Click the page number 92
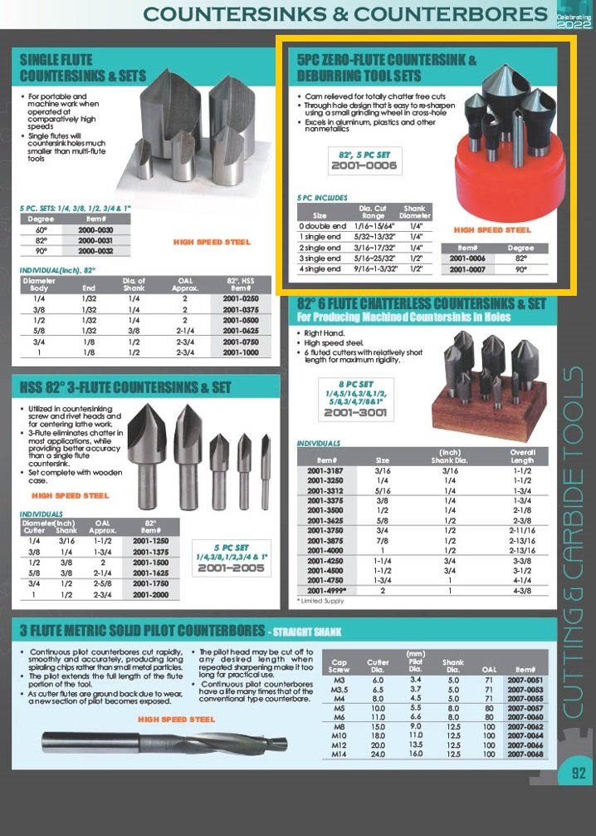(x=579, y=774)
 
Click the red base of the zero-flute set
(x=499, y=187)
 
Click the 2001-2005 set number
(x=232, y=568)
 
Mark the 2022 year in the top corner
(x=575, y=24)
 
